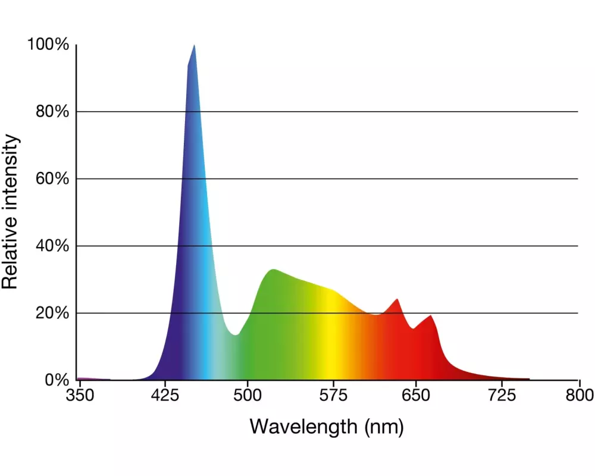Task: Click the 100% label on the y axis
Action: pyautogui.click(x=48, y=45)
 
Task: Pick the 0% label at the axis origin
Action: pyautogui.click(x=57, y=380)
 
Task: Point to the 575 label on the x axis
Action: pyautogui.click(x=331, y=396)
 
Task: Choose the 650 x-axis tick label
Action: pyautogui.click(x=415, y=396)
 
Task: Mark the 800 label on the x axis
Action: pyautogui.click(x=580, y=396)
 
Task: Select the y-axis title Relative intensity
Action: pyautogui.click(x=11, y=212)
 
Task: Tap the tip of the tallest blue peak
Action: pyautogui.click(x=194, y=46)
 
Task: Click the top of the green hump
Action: pyautogui.click(x=273, y=270)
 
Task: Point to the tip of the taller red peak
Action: pyautogui.click(x=397, y=299)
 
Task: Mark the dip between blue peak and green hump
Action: pyautogui.click(x=236, y=334)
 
